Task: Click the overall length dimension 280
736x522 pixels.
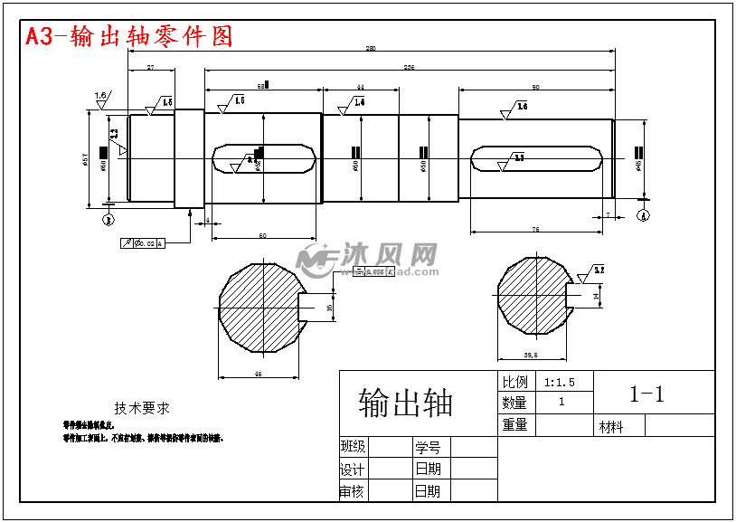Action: [x=371, y=49]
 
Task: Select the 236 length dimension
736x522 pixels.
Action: [x=409, y=68]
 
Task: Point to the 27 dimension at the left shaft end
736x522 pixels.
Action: [x=150, y=68]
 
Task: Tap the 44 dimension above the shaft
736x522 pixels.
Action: [x=360, y=87]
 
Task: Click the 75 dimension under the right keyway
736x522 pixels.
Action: [x=535, y=231]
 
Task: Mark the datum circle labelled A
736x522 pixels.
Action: [x=643, y=215]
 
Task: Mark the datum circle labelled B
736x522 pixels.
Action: [x=109, y=218]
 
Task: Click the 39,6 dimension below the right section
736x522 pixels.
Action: [x=531, y=355]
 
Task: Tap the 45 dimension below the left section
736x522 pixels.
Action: [x=259, y=373]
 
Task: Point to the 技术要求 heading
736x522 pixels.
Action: [x=142, y=408]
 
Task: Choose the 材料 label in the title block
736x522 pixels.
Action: [x=611, y=427]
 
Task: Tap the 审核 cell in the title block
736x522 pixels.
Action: [x=352, y=491]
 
